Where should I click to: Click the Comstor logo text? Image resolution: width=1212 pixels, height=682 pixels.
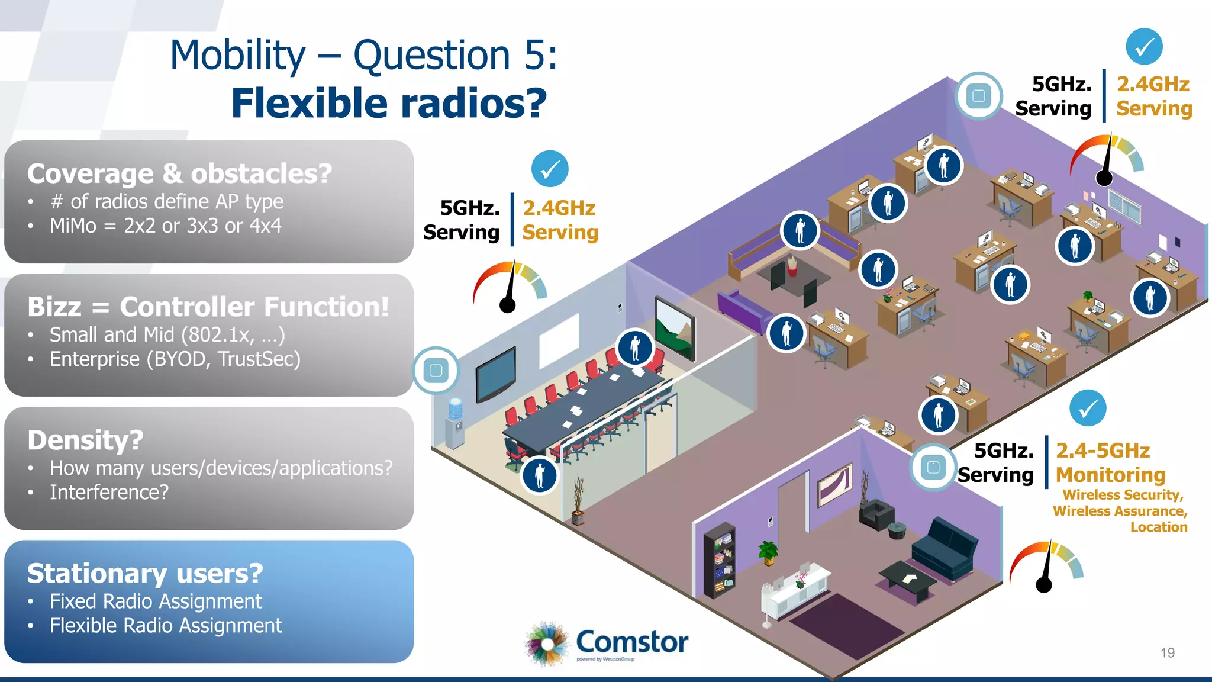[631, 642]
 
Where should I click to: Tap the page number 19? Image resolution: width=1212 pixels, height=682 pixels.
[1167, 652]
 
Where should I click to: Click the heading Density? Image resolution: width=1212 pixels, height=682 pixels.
[85, 440]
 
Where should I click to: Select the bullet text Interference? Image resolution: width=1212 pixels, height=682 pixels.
[109, 492]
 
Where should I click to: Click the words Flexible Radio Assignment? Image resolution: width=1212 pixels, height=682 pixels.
[166, 626]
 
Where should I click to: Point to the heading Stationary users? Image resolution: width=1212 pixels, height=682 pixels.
[145, 573]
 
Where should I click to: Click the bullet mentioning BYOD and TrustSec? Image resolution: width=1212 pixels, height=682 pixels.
[175, 359]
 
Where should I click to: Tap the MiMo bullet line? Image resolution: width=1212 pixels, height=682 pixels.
[165, 226]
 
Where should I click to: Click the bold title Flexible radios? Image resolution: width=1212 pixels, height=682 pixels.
[389, 103]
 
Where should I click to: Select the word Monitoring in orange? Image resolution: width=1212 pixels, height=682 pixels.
[1110, 475]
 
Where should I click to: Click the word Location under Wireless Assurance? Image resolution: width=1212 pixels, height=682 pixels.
[1158, 527]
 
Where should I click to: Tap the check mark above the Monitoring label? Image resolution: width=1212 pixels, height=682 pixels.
[1088, 408]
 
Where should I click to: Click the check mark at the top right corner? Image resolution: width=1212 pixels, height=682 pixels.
[1144, 46]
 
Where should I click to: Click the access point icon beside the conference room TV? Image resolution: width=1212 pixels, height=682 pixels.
[436, 371]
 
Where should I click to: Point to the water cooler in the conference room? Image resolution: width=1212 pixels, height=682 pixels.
[454, 423]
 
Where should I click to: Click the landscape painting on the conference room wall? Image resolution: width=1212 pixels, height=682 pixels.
[675, 329]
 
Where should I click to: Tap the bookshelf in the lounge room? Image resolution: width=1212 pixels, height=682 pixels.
[719, 559]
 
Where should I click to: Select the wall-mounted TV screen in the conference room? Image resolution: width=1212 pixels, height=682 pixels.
[496, 375]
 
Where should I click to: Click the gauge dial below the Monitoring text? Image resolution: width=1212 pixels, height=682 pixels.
[1046, 565]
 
